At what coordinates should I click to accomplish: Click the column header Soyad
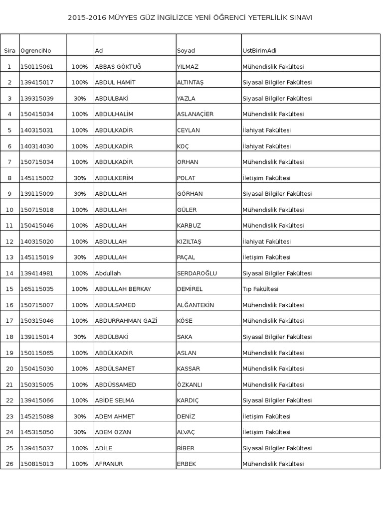(186, 51)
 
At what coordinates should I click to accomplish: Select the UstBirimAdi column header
(259, 51)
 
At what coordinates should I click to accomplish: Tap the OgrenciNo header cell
(36, 51)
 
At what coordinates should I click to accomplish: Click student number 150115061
(37, 67)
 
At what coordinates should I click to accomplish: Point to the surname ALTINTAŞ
(191, 83)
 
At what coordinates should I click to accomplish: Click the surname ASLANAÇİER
(195, 115)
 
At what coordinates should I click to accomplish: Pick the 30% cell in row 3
(80, 99)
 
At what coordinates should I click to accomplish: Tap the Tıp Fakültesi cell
(260, 289)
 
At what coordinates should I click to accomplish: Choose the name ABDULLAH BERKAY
(123, 289)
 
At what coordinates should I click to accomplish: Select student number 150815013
(37, 464)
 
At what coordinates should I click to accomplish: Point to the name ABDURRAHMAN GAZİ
(126, 321)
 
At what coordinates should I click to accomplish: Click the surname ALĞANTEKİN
(195, 305)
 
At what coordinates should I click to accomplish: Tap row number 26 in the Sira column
(9, 464)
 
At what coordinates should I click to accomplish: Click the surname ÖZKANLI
(190, 385)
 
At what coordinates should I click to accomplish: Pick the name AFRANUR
(109, 464)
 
